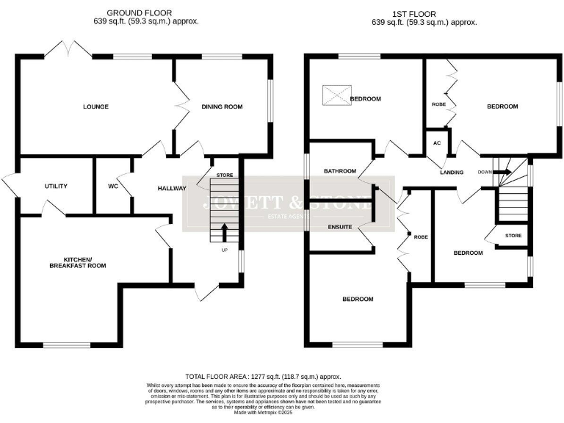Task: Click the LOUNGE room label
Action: pyautogui.click(x=95, y=107)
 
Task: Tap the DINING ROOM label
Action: pyautogui.click(x=222, y=107)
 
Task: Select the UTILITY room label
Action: pyautogui.click(x=56, y=187)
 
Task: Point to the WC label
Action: pyautogui.click(x=113, y=187)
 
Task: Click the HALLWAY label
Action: pyautogui.click(x=172, y=189)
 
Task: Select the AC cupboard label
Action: pyautogui.click(x=437, y=142)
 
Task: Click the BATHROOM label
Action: pyautogui.click(x=340, y=171)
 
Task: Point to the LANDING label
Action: pyautogui.click(x=452, y=173)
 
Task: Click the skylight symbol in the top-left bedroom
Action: pyautogui.click(x=336, y=95)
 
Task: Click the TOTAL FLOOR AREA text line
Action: pyautogui.click(x=283, y=375)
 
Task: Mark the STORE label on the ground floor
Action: pyautogui.click(x=225, y=176)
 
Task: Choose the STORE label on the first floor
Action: pyautogui.click(x=513, y=236)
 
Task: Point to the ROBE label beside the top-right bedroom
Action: pyautogui.click(x=438, y=104)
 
